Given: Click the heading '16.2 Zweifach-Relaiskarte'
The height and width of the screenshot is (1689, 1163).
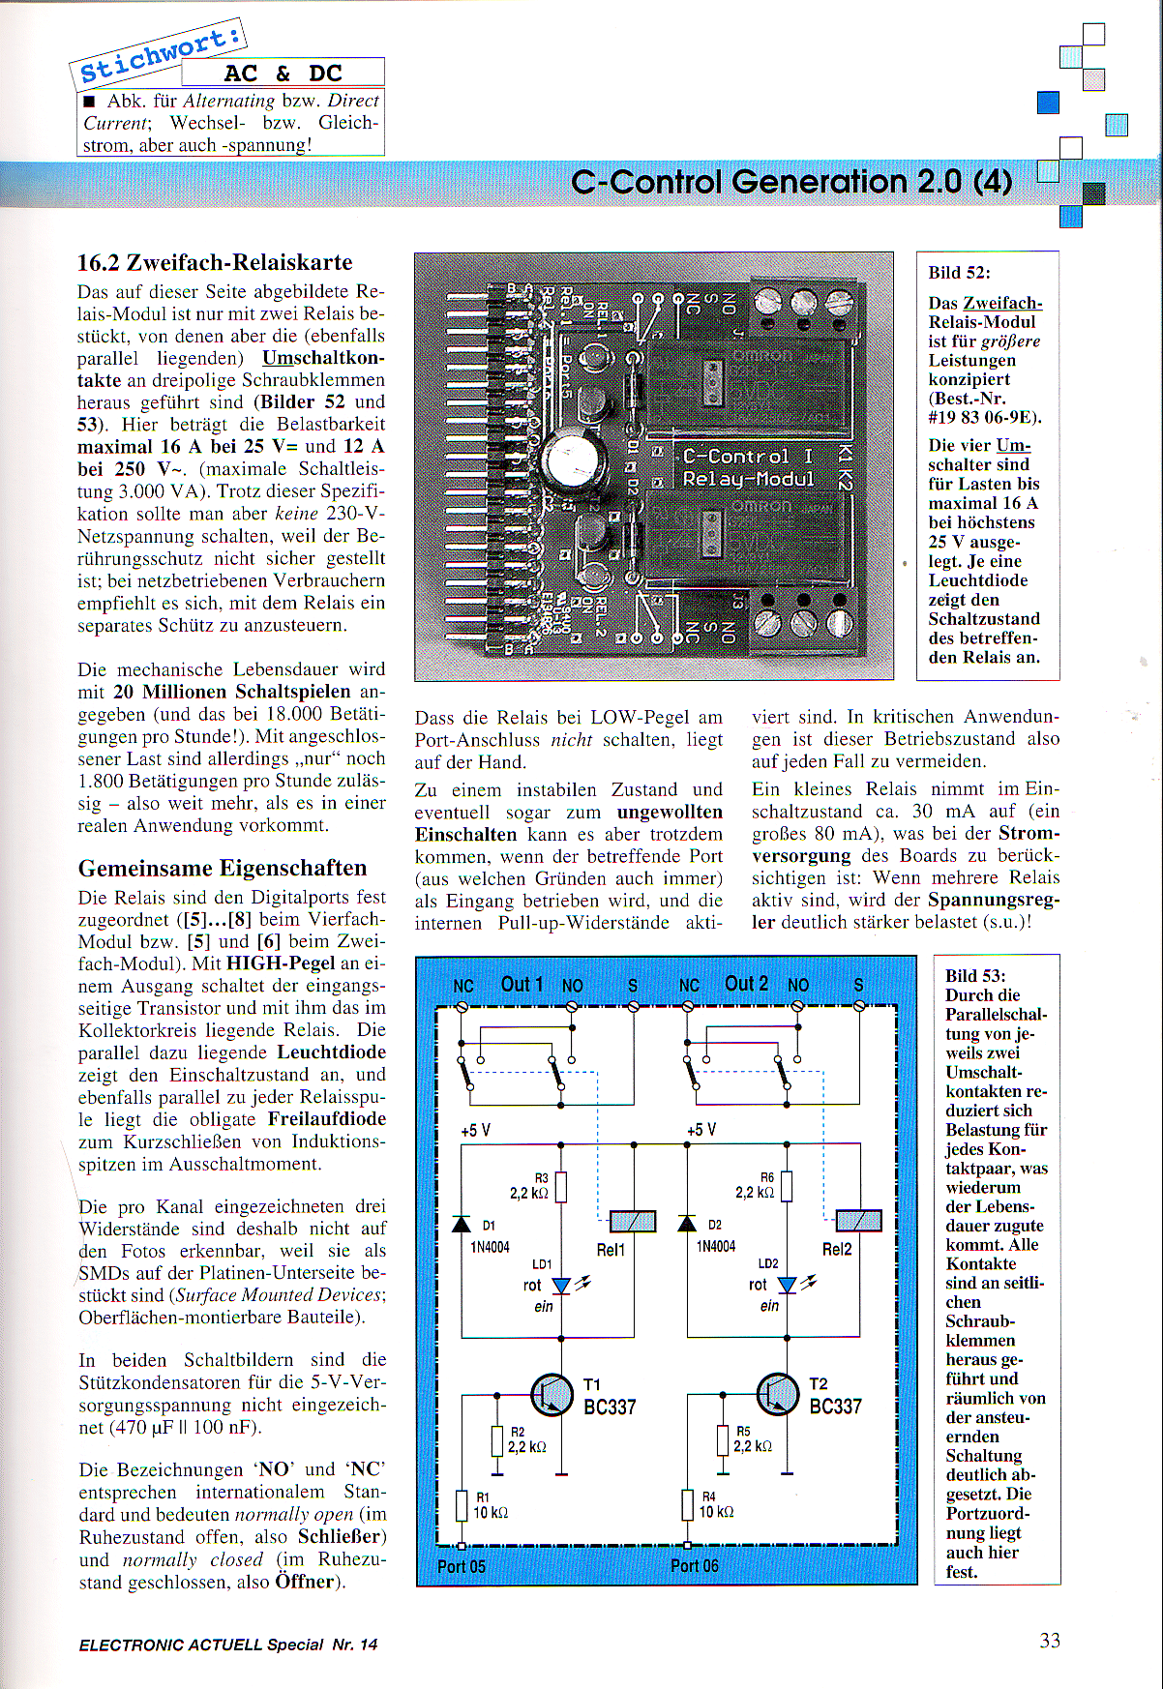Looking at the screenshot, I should point(215,262).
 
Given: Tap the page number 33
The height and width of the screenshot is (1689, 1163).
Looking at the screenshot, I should point(1050,1641).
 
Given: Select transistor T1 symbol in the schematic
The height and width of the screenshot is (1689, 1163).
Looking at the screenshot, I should point(552,1394).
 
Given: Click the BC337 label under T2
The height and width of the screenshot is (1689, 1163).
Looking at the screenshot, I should point(835,1407).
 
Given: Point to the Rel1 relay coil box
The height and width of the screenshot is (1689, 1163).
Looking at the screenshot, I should point(633,1221).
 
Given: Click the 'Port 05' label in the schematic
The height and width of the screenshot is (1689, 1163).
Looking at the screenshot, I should point(462,1566).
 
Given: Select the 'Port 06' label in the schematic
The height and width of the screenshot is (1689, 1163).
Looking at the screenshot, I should point(694,1565).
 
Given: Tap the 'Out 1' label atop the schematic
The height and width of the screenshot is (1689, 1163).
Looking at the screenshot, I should point(522,984).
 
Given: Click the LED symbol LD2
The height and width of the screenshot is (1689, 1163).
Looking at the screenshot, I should point(788,1285).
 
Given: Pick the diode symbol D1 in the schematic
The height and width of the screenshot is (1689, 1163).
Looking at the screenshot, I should point(462,1224).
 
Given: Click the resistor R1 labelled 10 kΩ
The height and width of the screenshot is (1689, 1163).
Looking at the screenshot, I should point(462,1505).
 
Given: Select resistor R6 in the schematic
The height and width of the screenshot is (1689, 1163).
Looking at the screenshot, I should point(787,1186).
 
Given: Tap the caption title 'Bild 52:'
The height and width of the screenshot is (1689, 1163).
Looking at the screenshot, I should point(959,273).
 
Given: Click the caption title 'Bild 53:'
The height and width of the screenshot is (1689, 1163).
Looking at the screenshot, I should point(975,976).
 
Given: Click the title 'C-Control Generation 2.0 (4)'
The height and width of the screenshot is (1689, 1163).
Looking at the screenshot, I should point(791,182).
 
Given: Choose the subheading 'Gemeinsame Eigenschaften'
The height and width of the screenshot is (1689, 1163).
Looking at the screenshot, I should point(223,868).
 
